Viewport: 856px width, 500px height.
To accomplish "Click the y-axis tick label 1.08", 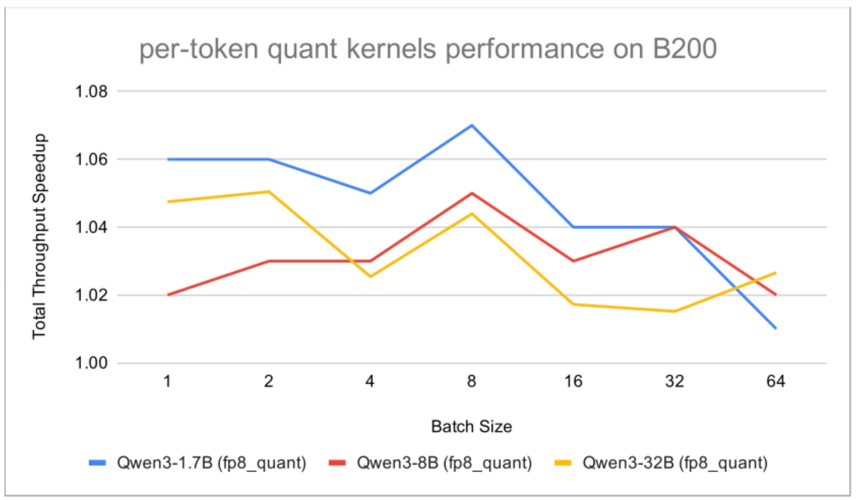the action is pyautogui.click(x=92, y=92).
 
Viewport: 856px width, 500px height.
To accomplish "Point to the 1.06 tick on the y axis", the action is pyautogui.click(x=92, y=159).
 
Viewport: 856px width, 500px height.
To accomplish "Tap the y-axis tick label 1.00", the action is pyautogui.click(x=92, y=363).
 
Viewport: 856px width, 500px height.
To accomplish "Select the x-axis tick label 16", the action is pyautogui.click(x=573, y=381).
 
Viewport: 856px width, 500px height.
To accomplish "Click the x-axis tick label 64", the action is pyautogui.click(x=776, y=381).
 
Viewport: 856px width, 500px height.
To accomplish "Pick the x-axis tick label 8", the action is pyautogui.click(x=471, y=381).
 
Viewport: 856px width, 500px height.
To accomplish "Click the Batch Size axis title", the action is pyautogui.click(x=471, y=427).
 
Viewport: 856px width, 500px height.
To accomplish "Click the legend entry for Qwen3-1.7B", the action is pyautogui.click(x=198, y=463).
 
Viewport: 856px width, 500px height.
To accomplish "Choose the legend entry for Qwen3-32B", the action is pyautogui.click(x=661, y=463).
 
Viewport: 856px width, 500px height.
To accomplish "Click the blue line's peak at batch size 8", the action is pyautogui.click(x=472, y=125).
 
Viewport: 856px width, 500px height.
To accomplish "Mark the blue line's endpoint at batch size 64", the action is pyautogui.click(x=776, y=328).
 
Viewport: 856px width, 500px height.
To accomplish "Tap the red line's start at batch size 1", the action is pyautogui.click(x=168, y=295).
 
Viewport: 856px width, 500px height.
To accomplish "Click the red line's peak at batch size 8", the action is pyautogui.click(x=472, y=193).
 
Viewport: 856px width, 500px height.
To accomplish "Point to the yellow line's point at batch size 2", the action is pyautogui.click(x=269, y=191).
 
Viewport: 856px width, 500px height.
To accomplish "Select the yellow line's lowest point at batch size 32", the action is pyautogui.click(x=674, y=311).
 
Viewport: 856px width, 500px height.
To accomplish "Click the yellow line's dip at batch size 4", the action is pyautogui.click(x=370, y=276).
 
